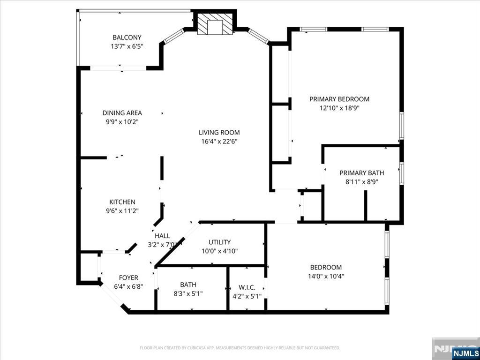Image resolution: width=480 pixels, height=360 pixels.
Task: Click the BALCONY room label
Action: point(127,37)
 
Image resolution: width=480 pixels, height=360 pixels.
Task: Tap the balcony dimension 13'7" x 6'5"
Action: point(127,46)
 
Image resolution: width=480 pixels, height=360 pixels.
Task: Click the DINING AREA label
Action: point(122,113)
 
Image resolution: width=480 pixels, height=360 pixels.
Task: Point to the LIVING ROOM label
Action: point(219,133)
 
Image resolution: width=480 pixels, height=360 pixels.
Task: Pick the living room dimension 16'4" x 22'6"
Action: point(219,142)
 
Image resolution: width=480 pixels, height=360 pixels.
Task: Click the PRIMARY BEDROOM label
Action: point(339,99)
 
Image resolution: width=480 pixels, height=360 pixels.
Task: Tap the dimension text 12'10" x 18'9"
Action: point(339,108)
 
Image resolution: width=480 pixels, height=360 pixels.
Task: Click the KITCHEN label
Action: point(122,202)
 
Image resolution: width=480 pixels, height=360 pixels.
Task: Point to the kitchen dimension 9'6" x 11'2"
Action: point(122,211)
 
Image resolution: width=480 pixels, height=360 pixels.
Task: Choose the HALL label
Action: point(162,236)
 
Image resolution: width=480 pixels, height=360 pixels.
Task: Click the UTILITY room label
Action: point(219,242)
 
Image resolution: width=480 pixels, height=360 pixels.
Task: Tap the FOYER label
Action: point(128,277)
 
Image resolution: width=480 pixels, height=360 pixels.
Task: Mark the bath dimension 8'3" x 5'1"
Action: point(188,293)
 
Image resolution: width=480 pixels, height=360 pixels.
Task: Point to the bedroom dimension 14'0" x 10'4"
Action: point(325,276)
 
